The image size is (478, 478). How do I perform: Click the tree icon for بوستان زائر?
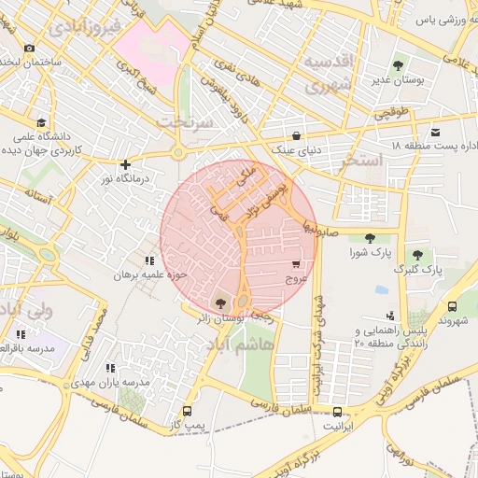[220, 302]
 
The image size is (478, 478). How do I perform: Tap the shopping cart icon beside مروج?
[296, 264]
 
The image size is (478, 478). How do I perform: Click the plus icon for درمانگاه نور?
[125, 164]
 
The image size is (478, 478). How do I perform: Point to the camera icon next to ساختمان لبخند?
[29, 48]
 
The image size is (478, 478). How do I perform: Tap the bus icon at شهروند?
[452, 305]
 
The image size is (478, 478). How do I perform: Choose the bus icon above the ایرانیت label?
[337, 410]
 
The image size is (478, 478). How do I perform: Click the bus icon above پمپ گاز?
[188, 411]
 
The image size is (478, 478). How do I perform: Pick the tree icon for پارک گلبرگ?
[416, 254]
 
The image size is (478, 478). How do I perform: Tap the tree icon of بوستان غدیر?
[398, 65]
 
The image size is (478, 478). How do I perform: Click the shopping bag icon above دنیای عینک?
[296, 134]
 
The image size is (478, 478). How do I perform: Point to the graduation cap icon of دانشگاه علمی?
[40, 122]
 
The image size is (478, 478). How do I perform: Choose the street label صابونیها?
[316, 229]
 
